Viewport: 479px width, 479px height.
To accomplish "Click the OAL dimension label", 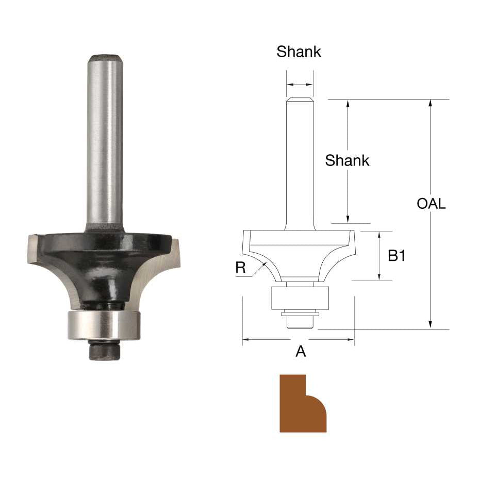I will coord(431,204).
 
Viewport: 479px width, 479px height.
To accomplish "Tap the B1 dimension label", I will coord(396,255).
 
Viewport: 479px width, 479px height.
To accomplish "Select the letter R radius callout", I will coord(240,267).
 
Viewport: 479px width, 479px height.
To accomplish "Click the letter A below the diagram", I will coord(300,352).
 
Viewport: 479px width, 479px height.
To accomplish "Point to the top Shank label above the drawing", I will coord(299,52).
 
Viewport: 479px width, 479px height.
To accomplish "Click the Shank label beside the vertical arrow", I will coord(347,160).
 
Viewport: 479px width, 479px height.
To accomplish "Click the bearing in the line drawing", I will coord(300,298).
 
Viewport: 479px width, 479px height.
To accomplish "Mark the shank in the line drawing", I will coord(300,165).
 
